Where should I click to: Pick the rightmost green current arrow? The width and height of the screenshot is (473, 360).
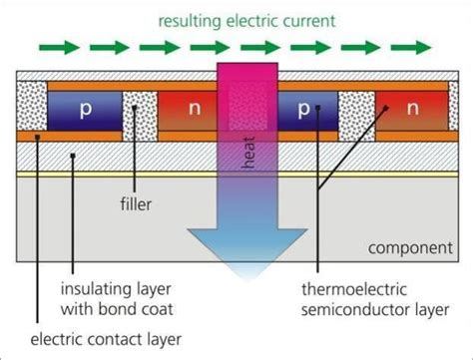[404, 46]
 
